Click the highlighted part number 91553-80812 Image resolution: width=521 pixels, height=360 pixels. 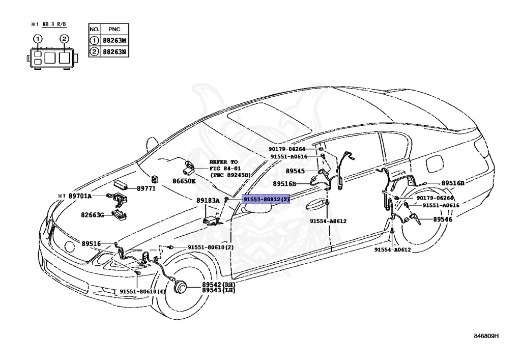266,200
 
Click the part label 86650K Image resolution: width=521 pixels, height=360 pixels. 183,180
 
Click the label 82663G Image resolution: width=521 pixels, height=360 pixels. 92,215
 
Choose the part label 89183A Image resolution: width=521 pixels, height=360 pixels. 208,200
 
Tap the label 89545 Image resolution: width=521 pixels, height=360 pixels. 295,171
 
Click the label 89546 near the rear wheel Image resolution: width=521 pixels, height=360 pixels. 443,219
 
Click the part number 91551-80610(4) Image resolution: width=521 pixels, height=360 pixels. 142,292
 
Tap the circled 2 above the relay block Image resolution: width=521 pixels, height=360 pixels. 64,39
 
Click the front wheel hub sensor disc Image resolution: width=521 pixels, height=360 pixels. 179,288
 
